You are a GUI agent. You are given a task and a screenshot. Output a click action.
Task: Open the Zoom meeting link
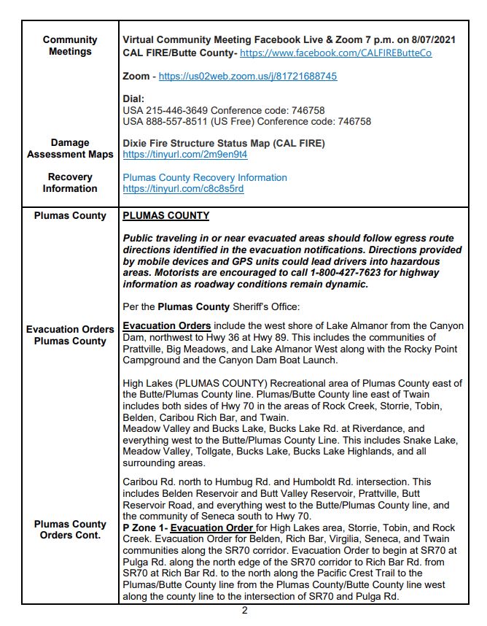pos(247,76)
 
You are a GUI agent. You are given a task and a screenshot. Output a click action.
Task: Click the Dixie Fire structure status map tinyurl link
pos(185,155)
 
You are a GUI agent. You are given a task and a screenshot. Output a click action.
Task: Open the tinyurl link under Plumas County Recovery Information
pos(183,189)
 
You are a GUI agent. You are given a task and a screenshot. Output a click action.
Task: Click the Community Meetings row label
pos(69,46)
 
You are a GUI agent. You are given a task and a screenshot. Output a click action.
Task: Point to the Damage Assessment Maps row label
pos(70,149)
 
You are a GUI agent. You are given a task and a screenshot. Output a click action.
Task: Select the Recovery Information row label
pos(70,183)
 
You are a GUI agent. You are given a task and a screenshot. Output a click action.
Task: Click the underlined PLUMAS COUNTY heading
pos(165,216)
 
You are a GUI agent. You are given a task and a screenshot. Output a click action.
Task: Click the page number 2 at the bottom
pos(244,611)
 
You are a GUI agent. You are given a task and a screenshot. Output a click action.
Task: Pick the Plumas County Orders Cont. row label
pos(70,530)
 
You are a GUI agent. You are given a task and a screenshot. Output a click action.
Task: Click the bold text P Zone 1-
pos(144,528)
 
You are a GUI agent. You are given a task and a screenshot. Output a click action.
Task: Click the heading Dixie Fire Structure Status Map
pos(224,143)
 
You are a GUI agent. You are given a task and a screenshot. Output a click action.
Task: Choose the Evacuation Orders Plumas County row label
pos(70,335)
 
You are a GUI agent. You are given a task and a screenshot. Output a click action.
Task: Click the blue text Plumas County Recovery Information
pos(205,177)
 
